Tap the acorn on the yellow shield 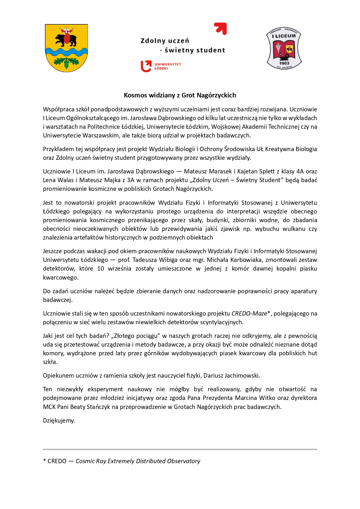coord(67,63)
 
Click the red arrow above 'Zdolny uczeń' coord(221,28)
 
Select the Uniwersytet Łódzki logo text coord(167,66)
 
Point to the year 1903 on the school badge coord(284,63)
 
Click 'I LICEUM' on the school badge coord(284,36)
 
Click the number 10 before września coord(101,269)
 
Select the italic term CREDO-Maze coord(249,314)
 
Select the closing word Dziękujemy coord(59,421)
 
